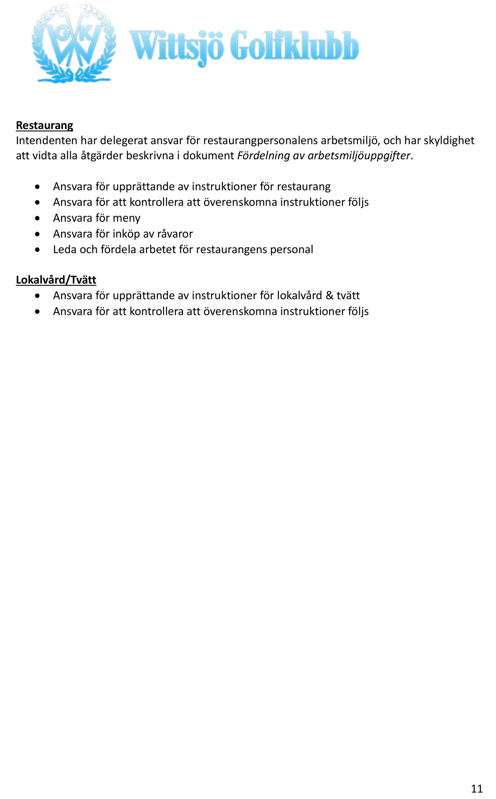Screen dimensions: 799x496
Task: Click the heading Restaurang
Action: [44, 125]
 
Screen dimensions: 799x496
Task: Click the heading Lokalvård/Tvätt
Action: [56, 280]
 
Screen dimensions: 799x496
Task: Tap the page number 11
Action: [477, 788]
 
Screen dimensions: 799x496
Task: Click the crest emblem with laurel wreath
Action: [74, 44]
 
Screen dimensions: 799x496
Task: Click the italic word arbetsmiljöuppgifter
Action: [359, 155]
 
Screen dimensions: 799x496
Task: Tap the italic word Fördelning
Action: [263, 155]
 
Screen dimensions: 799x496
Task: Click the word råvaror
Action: [175, 234]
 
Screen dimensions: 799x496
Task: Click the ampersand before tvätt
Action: [329, 295]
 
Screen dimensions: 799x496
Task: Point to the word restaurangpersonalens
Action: [260, 140]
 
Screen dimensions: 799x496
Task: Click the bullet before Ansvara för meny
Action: [38, 218]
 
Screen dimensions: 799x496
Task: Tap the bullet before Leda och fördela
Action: [38, 250]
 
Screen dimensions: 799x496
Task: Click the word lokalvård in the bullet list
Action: [299, 295]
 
